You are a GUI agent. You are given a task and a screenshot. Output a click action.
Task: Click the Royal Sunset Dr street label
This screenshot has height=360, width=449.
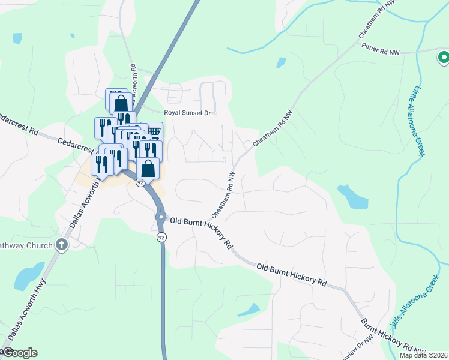[190, 112]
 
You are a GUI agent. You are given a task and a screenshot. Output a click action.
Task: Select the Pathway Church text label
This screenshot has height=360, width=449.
[24, 244]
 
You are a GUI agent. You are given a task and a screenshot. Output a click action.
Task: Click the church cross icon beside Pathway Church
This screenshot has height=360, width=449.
[61, 244]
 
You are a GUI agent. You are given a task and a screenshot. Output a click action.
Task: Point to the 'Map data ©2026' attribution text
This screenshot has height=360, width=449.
[423, 355]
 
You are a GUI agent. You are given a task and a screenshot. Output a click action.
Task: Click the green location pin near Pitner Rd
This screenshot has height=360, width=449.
[443, 58]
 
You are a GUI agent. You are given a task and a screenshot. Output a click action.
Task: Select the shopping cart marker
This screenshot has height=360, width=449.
[154, 131]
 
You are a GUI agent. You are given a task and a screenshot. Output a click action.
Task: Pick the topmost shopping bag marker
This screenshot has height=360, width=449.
[121, 101]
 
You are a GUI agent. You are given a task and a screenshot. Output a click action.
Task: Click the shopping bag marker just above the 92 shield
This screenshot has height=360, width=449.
[148, 169]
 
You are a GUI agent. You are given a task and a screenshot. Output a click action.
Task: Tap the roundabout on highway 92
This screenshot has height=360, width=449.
[161, 217]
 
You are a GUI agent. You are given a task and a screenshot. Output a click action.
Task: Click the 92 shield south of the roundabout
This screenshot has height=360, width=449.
[161, 238]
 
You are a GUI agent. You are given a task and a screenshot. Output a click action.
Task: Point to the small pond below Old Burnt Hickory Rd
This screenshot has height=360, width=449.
[249, 310]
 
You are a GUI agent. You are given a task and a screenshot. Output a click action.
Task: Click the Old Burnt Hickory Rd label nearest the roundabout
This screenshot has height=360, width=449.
[202, 233]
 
